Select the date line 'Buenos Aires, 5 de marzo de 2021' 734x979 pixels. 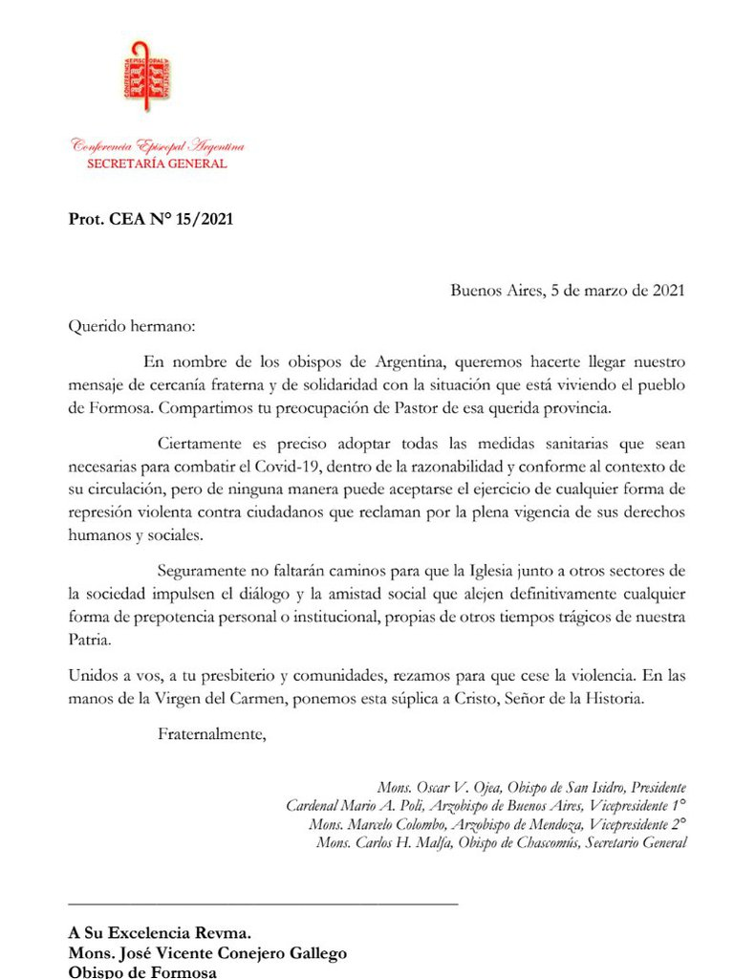pyautogui.click(x=568, y=291)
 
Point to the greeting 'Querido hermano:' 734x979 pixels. pyautogui.click(x=131, y=326)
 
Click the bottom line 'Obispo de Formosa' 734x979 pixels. pyautogui.click(x=142, y=971)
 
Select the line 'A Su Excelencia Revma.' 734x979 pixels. pyautogui.click(x=159, y=934)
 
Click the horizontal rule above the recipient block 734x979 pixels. pyautogui.click(x=263, y=902)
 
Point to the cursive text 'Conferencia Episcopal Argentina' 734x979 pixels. pyautogui.click(x=157, y=146)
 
